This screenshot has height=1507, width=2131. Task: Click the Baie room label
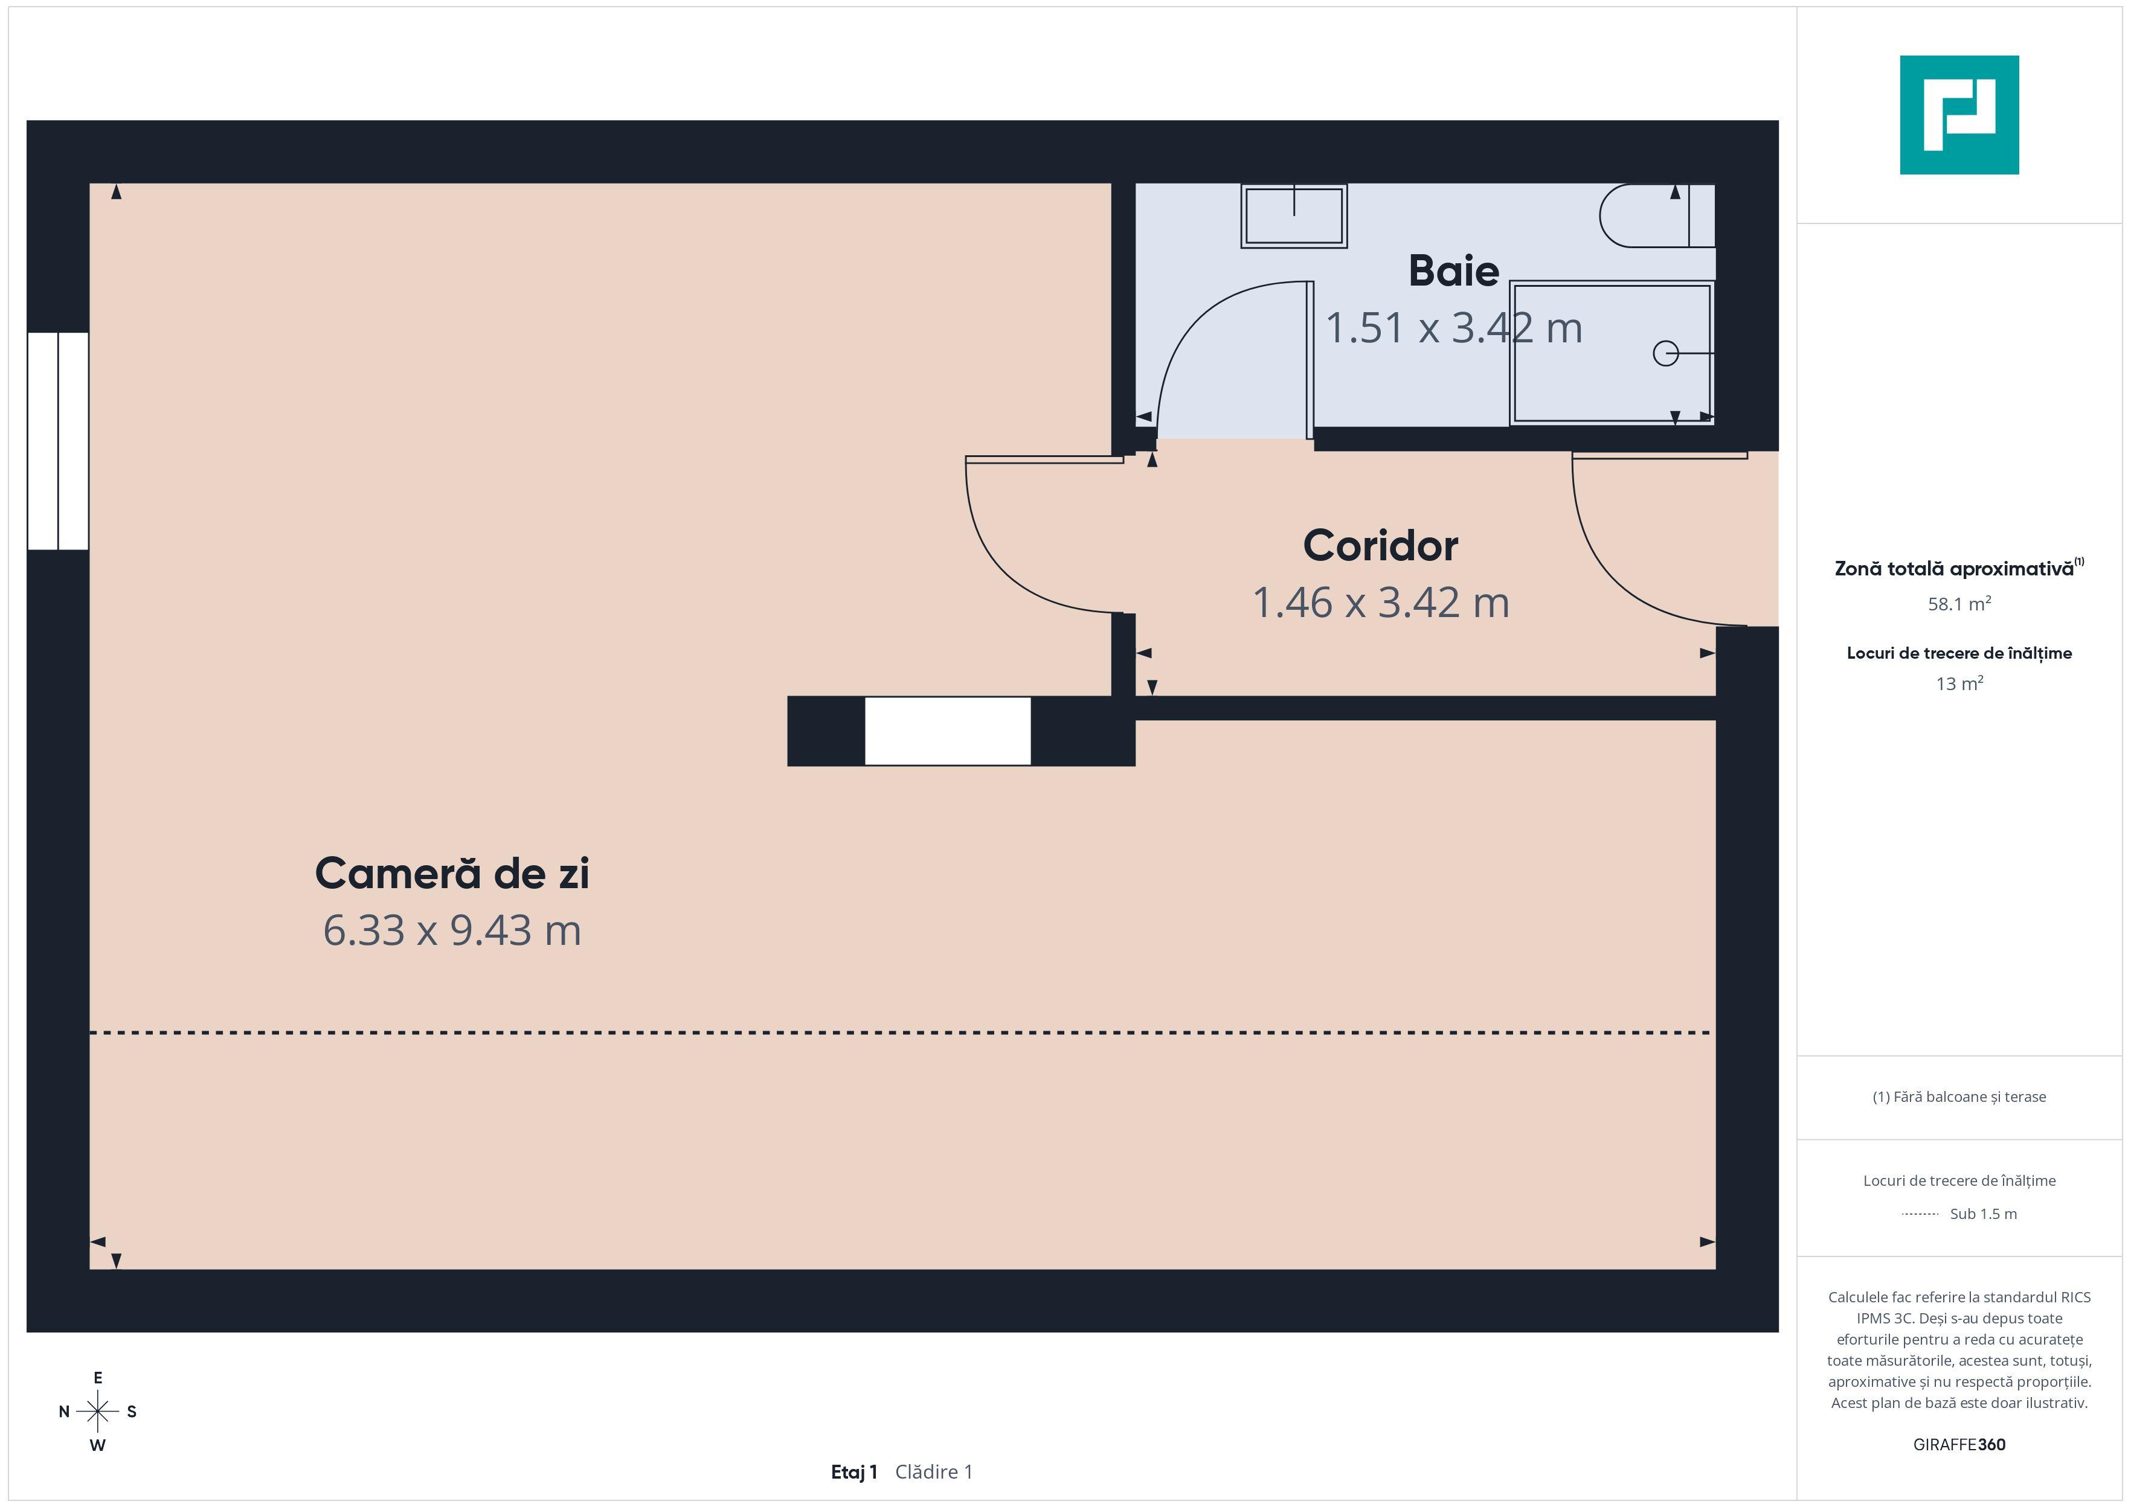point(1453,271)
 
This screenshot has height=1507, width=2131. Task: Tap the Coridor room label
point(1380,546)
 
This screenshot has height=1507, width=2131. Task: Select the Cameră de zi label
point(452,873)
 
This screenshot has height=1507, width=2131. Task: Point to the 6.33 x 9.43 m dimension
point(452,930)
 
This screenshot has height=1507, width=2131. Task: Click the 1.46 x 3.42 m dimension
point(1380,602)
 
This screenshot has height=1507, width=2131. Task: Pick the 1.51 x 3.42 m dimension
point(1453,328)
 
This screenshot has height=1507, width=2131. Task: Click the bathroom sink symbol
point(1294,216)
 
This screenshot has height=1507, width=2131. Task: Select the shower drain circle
point(1665,354)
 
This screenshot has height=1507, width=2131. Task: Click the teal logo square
point(1959,115)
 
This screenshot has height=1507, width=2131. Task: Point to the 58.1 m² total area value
point(1959,604)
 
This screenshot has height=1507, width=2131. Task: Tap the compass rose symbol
point(97,1412)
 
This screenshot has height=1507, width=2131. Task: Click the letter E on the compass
point(97,1378)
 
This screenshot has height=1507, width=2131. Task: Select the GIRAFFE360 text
point(1959,1445)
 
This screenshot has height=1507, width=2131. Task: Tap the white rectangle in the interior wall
point(948,731)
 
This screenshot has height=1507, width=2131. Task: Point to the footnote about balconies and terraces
point(1959,1097)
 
